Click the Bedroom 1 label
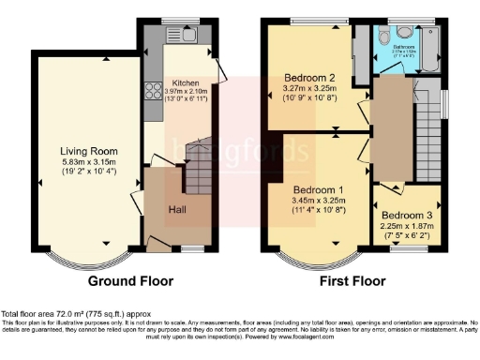click(x=315, y=190)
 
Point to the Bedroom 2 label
click(x=309, y=78)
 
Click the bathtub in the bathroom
click(x=431, y=51)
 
